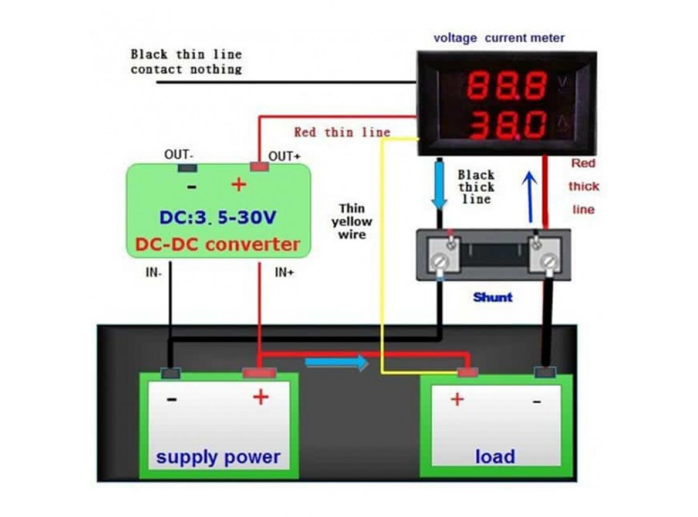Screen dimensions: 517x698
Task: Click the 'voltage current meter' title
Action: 499,38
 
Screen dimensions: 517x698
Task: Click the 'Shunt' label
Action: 492,297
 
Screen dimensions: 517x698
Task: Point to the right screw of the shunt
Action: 548,263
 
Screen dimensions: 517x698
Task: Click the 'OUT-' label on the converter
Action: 179,155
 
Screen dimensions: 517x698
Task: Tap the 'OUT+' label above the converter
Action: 285,156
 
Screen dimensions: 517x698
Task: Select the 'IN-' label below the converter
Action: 154,274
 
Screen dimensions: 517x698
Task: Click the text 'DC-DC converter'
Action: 217,244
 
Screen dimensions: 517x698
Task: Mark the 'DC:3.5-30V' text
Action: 217,217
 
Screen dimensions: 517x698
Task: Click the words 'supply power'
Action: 218,458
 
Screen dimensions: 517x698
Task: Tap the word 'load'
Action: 495,457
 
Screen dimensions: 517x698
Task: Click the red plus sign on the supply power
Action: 260,398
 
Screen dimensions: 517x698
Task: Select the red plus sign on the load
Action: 456,399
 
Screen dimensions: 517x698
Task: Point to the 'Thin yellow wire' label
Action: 355,221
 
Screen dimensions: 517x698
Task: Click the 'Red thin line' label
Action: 342,132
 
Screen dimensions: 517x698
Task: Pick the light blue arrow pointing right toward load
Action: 336,363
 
